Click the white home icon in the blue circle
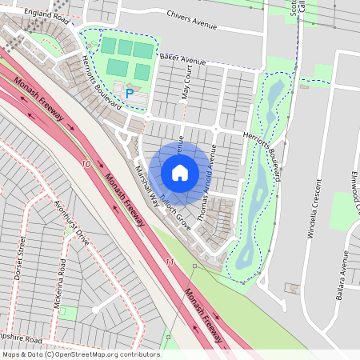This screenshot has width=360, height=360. pos(180,172)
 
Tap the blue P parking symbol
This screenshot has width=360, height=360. pos(129,94)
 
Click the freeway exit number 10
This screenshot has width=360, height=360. pos(86,164)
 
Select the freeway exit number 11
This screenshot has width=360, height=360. pos(169,262)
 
